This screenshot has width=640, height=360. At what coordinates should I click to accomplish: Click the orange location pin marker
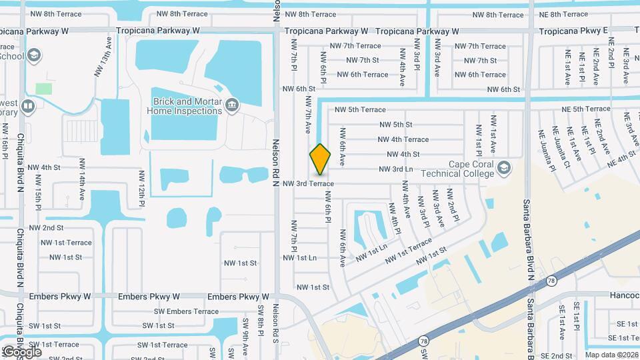click(320, 160)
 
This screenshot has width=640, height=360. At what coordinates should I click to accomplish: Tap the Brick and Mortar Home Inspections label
click(183, 107)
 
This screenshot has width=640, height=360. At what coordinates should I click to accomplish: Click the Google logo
click(22, 352)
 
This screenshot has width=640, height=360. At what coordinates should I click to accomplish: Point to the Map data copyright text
click(611, 355)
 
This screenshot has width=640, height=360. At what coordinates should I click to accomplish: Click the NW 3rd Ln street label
click(397, 169)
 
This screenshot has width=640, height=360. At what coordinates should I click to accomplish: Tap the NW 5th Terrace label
click(360, 109)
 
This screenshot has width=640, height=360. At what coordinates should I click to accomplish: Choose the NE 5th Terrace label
click(585, 109)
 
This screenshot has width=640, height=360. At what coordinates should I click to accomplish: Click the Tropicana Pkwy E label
click(573, 31)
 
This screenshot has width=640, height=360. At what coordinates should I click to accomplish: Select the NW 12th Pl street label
click(142, 187)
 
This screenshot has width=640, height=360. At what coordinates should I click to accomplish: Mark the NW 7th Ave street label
click(308, 113)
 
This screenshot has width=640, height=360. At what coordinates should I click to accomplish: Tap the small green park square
click(43, 88)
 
